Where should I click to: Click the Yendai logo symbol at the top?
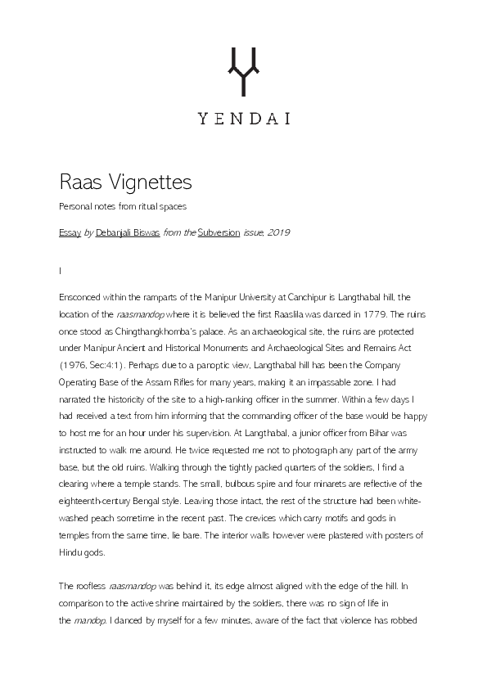(243, 70)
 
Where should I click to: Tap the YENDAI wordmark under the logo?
(243, 118)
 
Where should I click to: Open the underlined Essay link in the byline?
(70, 232)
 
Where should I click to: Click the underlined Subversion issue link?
(219, 232)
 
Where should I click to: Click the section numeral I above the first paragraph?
(61, 270)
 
